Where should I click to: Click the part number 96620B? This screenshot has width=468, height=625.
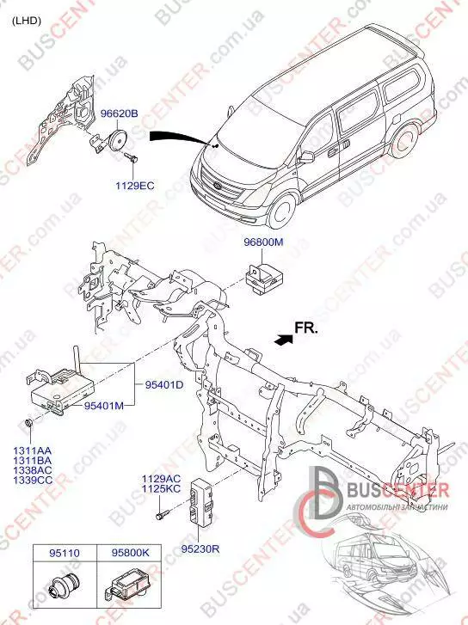(x=119, y=113)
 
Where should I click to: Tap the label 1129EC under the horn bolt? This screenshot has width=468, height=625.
(x=135, y=186)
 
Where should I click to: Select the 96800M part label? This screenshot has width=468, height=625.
(x=264, y=242)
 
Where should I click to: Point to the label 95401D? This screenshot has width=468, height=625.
(x=164, y=385)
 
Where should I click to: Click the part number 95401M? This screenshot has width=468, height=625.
(x=104, y=406)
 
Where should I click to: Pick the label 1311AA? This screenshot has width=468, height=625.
(x=33, y=451)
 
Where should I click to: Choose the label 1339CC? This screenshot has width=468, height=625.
(x=33, y=481)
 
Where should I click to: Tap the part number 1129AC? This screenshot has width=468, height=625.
(x=162, y=479)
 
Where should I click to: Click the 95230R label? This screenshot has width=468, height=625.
(x=200, y=548)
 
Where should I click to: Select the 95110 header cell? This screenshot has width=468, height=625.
(x=65, y=554)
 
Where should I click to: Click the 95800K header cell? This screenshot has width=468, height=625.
(x=130, y=554)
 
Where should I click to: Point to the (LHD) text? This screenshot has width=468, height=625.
(x=27, y=21)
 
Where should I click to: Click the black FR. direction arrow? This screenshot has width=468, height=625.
(x=284, y=340)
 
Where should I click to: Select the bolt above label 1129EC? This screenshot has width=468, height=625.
(x=131, y=157)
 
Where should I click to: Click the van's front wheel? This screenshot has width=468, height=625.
(x=282, y=211)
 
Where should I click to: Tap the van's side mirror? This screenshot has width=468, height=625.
(x=305, y=157)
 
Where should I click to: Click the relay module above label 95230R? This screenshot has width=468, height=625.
(x=203, y=501)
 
